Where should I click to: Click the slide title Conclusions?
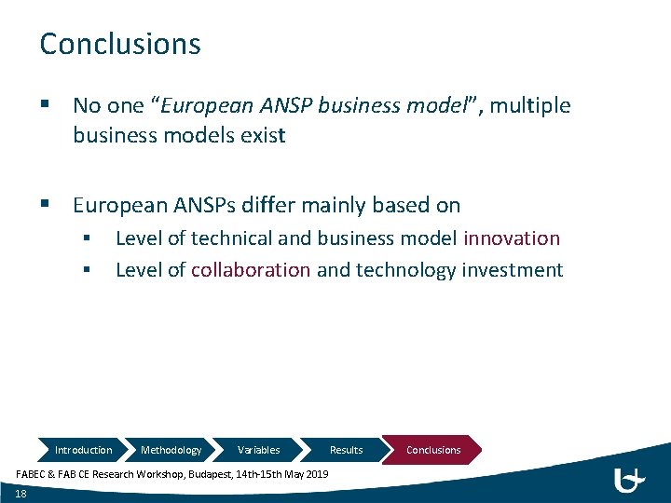(119, 44)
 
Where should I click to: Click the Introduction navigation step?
(83, 450)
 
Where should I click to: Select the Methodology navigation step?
(171, 450)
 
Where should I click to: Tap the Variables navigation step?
(258, 450)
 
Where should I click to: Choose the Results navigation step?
(346, 450)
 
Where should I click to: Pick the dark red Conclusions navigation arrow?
(433, 450)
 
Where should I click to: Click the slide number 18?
(21, 494)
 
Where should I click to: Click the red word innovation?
(512, 238)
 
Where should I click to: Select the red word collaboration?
(251, 270)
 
